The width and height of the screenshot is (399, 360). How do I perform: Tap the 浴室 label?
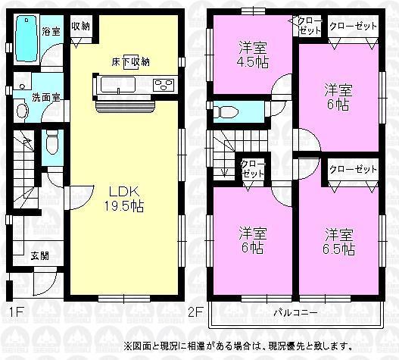[51, 32]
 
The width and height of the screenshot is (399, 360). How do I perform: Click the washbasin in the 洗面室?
[22, 111]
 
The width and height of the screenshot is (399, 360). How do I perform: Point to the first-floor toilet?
[51, 142]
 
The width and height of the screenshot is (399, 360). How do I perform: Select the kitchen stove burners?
[164, 84]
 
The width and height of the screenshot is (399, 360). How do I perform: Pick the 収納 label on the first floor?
[81, 26]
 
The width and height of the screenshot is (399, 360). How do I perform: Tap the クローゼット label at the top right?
[352, 25]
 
